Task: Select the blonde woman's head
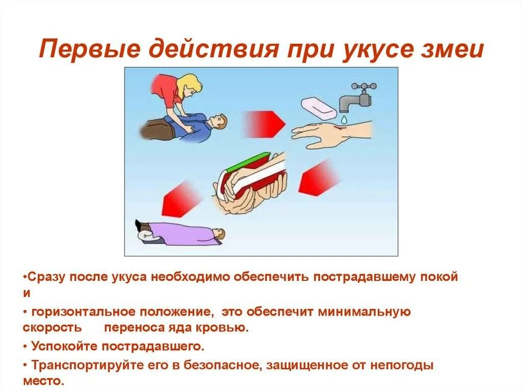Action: point(190,85)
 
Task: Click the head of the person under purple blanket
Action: point(219,234)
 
